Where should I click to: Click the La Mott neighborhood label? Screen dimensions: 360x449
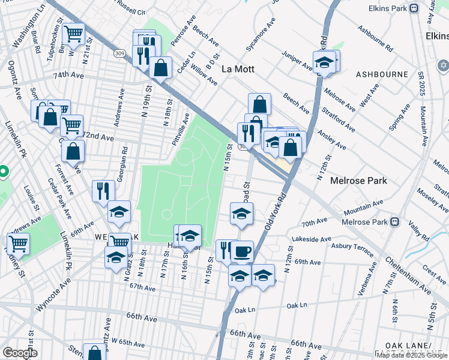(238, 69)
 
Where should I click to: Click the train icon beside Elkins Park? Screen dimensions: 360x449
(414, 8)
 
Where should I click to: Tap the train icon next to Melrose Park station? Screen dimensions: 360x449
(395, 221)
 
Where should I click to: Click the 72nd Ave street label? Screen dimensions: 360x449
(99, 137)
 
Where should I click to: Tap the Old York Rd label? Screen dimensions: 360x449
(277, 210)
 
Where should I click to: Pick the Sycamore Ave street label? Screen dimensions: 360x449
(261, 34)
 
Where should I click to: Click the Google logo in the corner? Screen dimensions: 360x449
(20, 353)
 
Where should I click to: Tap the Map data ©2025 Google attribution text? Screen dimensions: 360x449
(412, 355)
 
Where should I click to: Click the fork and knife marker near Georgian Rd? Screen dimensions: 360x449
(103, 190)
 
